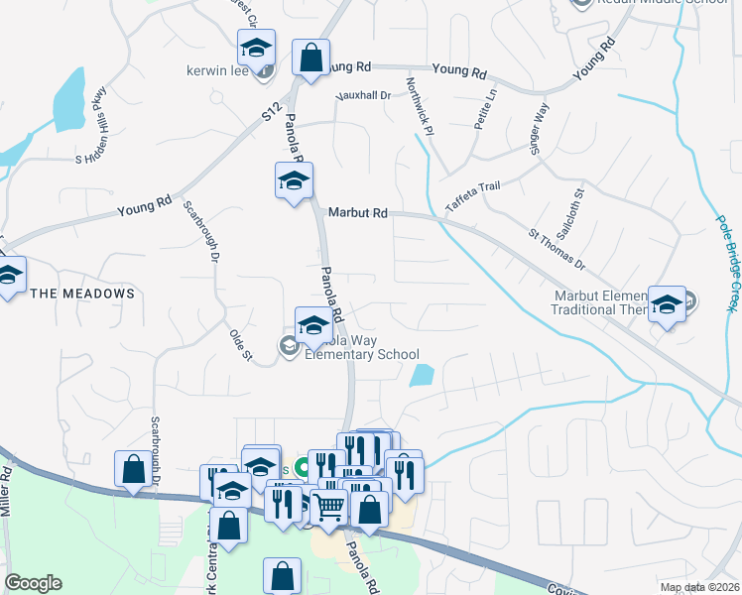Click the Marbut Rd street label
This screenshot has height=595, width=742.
[x=359, y=213]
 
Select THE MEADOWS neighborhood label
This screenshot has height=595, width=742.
[x=82, y=294]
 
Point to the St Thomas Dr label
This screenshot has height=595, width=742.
[x=556, y=252]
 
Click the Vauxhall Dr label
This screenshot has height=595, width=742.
[x=364, y=95]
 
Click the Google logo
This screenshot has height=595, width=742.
[x=33, y=583]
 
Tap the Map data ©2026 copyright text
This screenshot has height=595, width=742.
[x=699, y=587]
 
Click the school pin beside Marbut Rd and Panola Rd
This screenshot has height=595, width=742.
[x=294, y=181]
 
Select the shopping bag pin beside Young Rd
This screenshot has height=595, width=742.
[x=311, y=58]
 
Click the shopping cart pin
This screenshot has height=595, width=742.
[x=329, y=507]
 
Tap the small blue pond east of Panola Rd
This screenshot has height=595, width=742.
[x=422, y=375]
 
